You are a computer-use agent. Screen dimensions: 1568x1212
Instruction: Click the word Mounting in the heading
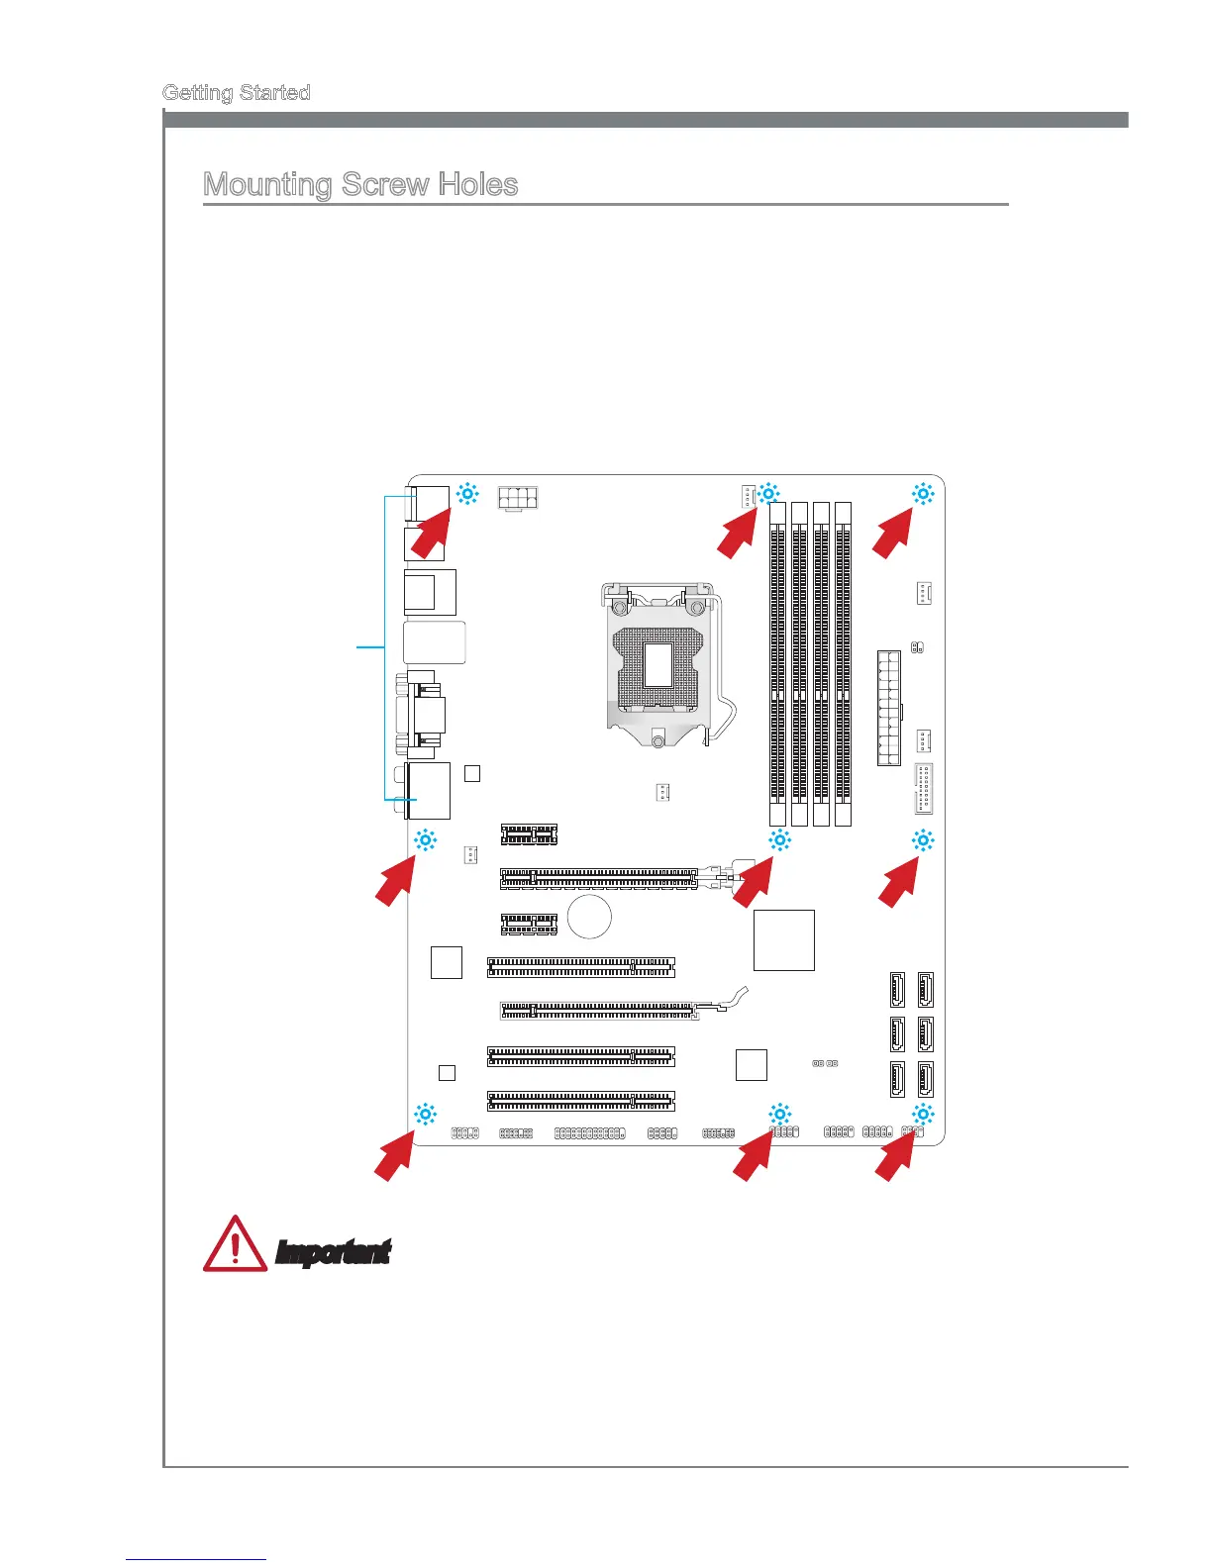tap(266, 185)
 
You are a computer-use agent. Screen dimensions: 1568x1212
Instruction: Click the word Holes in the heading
tap(476, 185)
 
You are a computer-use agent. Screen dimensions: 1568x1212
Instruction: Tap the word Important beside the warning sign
tap(333, 1252)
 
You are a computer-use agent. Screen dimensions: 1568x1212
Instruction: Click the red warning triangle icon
tap(235, 1244)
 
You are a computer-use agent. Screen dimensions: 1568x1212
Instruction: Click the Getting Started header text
tap(236, 93)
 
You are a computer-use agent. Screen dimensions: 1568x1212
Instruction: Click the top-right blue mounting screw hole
tap(922, 493)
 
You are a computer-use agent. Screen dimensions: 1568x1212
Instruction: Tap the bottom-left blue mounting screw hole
tap(425, 1114)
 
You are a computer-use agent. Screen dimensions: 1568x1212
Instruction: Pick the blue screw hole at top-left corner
tap(467, 493)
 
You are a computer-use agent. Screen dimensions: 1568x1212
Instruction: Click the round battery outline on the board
tap(590, 916)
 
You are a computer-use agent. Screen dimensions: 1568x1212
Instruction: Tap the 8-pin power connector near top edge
tap(517, 500)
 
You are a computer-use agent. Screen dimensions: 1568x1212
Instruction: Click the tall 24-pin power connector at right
tap(888, 707)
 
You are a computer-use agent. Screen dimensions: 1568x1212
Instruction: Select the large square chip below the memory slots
tap(784, 939)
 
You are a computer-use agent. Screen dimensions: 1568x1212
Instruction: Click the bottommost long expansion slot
tap(580, 1100)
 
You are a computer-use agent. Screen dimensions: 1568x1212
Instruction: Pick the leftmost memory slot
tap(778, 663)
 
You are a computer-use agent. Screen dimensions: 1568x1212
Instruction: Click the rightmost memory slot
tap(843, 663)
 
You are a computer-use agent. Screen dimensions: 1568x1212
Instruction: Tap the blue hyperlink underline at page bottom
tap(196, 1560)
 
